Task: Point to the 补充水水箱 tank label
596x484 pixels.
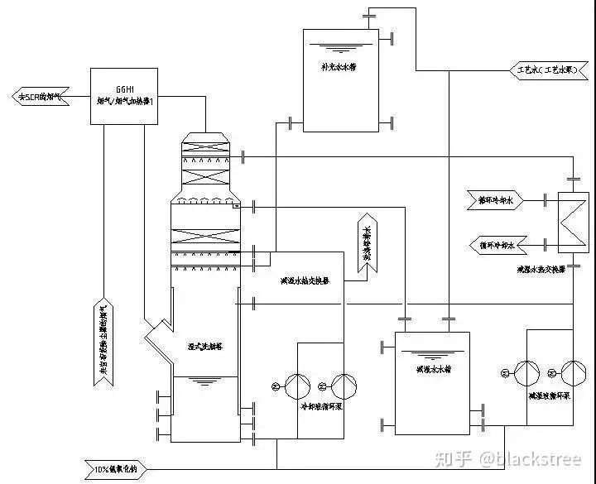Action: [338, 67]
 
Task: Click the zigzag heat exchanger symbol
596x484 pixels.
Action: [571, 222]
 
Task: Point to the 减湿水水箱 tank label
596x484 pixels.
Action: [433, 369]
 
